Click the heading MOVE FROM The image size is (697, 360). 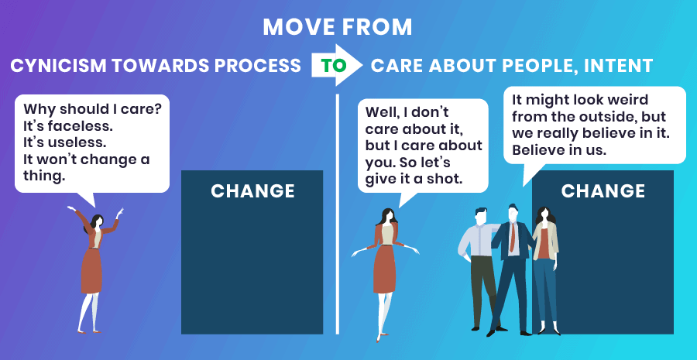[338, 28]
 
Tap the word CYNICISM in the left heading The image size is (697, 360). [58, 66]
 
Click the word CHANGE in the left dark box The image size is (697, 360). [252, 191]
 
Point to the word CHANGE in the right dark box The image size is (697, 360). [603, 191]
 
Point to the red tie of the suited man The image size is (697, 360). [513, 237]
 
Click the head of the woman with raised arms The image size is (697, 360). [98, 221]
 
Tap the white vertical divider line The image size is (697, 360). [338, 214]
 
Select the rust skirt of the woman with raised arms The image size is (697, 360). [91, 270]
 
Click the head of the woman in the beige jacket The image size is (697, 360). [544, 215]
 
